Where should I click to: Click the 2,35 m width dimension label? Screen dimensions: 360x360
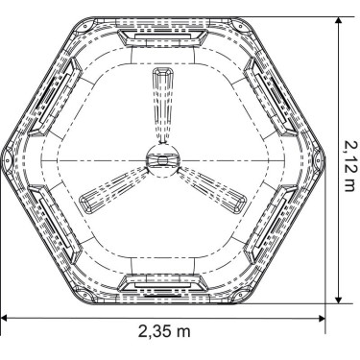162,332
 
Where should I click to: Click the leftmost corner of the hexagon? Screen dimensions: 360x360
4,158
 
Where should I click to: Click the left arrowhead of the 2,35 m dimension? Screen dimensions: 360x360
4,318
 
